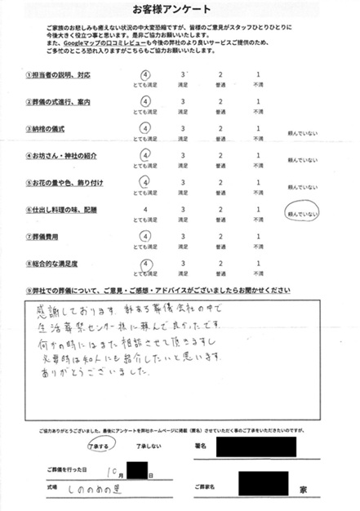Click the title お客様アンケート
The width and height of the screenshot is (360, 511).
[x=180, y=11]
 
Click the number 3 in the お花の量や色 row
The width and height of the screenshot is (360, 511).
[x=182, y=182]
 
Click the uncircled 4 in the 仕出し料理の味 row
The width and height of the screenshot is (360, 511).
[x=145, y=210]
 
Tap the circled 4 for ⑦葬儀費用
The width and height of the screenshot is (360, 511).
[x=145, y=237]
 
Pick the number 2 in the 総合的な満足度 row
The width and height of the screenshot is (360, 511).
[x=220, y=264]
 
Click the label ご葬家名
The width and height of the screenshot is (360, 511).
[x=213, y=487]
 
